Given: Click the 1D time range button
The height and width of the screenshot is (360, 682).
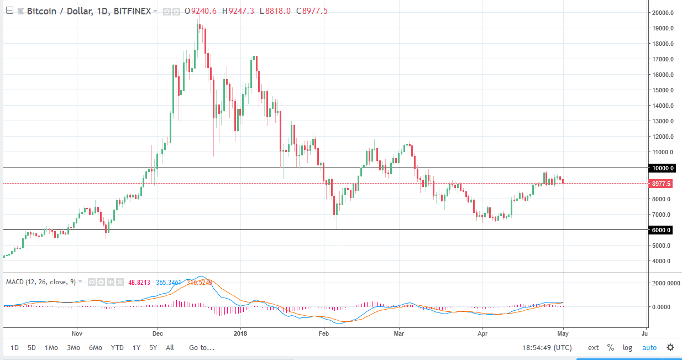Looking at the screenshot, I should pyautogui.click(x=14, y=348).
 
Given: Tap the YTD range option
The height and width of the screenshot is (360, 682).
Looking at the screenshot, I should pyautogui.click(x=117, y=348).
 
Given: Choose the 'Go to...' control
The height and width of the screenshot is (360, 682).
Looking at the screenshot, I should pyautogui.click(x=202, y=348).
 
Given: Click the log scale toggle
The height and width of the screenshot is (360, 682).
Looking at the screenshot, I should pyautogui.click(x=627, y=348).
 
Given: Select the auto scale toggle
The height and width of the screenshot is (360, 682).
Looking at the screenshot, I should pyautogui.click(x=649, y=348).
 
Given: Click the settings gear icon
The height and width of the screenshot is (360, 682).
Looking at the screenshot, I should pyautogui.click(x=670, y=348).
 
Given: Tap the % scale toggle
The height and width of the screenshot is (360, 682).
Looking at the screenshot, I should pyautogui.click(x=611, y=348).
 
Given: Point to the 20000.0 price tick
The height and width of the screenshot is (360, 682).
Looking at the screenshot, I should pyautogui.click(x=662, y=13).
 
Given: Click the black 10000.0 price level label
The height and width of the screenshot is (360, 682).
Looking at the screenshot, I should pyautogui.click(x=662, y=168).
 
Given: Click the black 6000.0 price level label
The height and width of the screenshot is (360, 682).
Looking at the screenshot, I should pyautogui.click(x=662, y=230).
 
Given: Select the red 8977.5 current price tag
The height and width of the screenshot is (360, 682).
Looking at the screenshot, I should pyautogui.click(x=662, y=184).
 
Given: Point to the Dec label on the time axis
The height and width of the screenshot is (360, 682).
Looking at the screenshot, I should pyautogui.click(x=158, y=333).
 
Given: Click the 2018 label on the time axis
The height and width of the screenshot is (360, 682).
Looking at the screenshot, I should pyautogui.click(x=240, y=333).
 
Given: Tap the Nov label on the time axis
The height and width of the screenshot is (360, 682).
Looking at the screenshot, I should pyautogui.click(x=77, y=333).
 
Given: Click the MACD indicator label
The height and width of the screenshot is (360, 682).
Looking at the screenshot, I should pyautogui.click(x=40, y=282).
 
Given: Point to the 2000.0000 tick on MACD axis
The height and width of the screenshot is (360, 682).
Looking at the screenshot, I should pyautogui.click(x=665, y=283).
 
